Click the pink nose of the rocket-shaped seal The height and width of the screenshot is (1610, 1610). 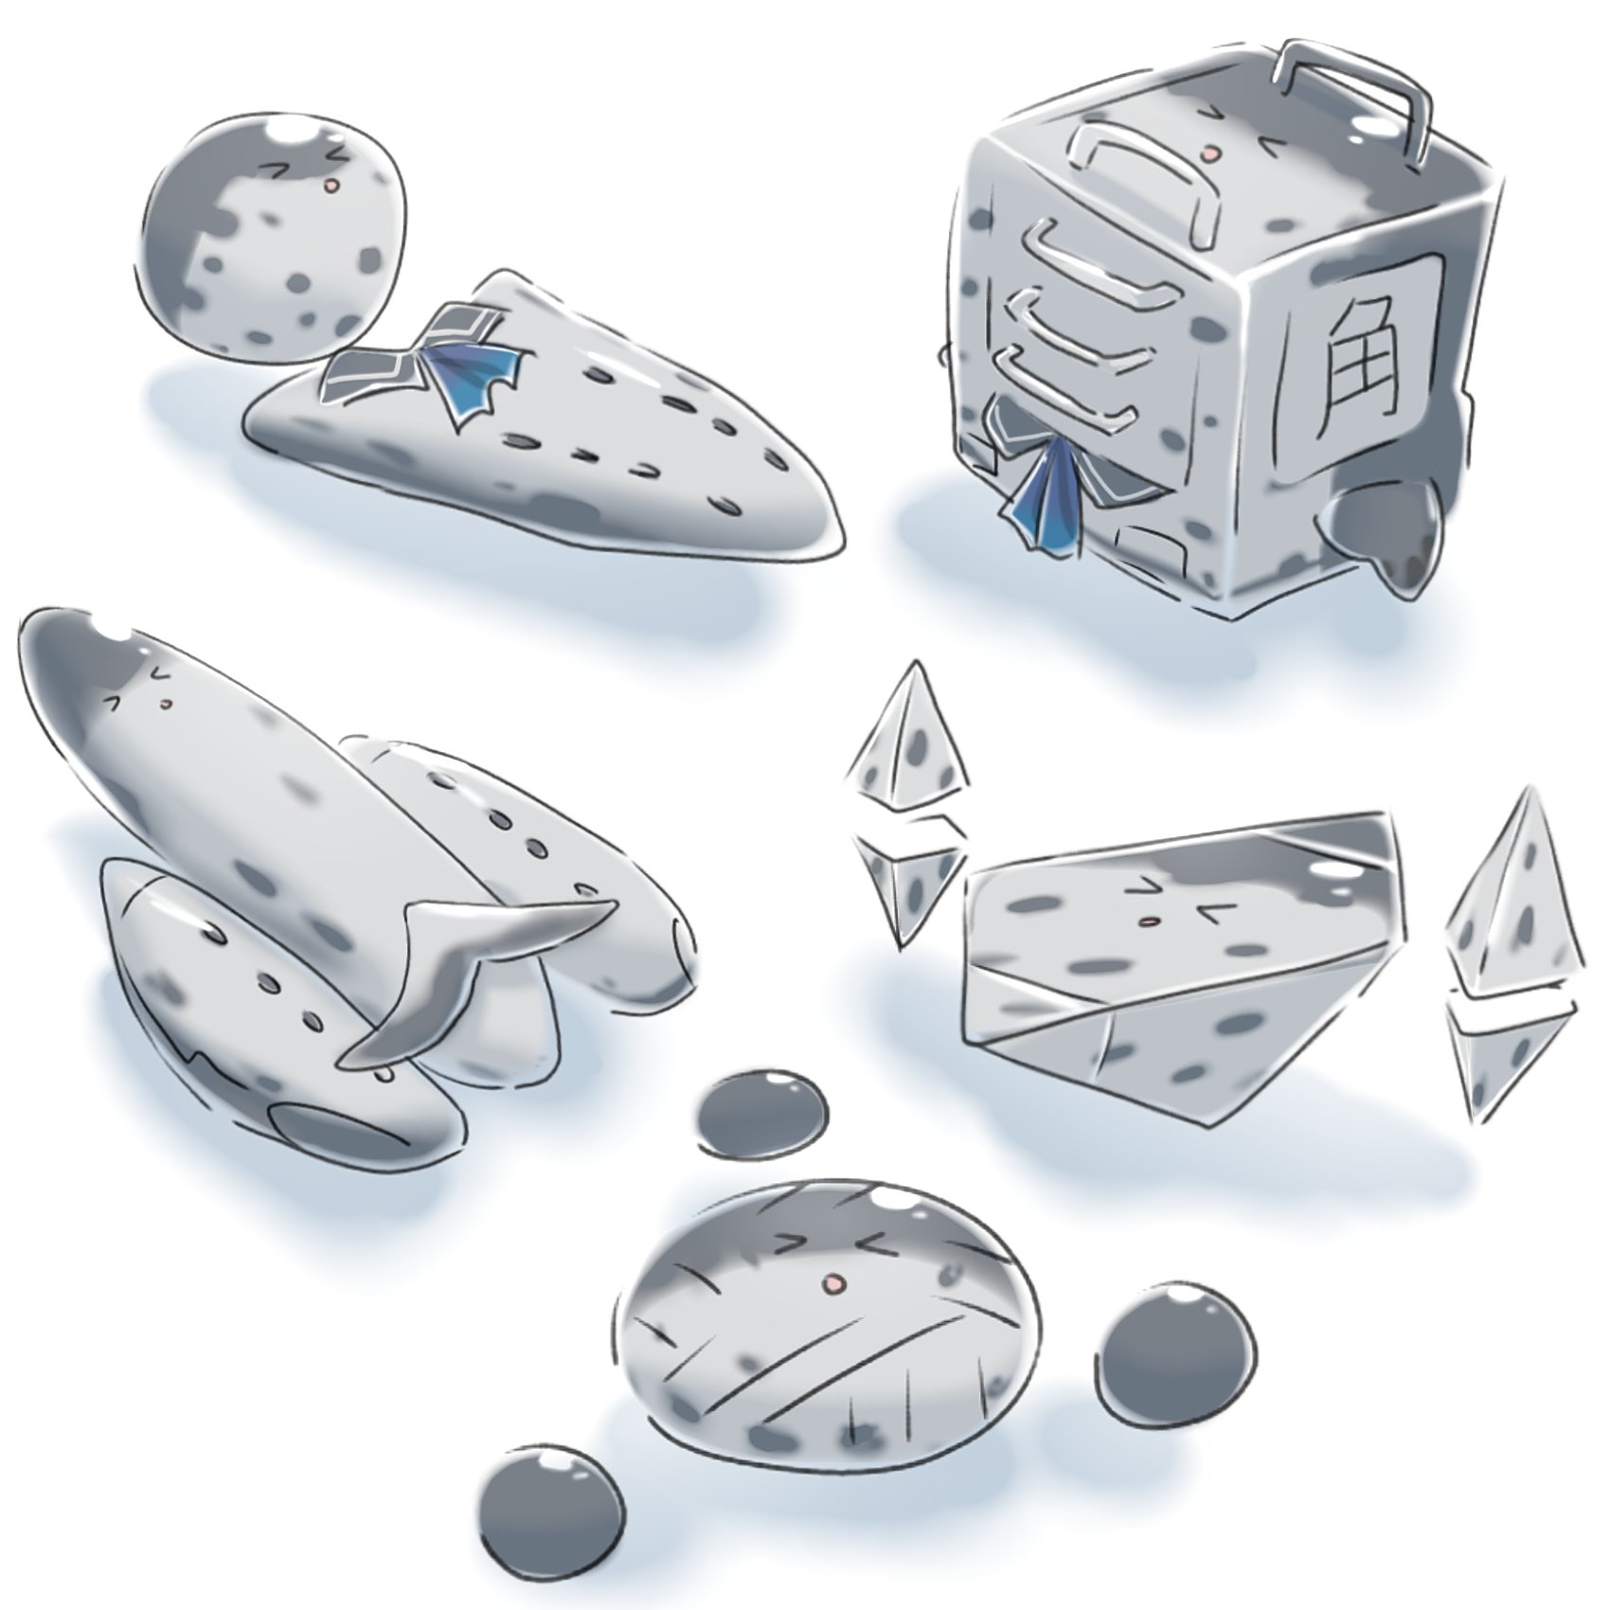click(x=167, y=704)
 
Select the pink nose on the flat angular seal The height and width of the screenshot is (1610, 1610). click(x=1147, y=920)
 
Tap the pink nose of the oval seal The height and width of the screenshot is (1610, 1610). click(x=833, y=1283)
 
